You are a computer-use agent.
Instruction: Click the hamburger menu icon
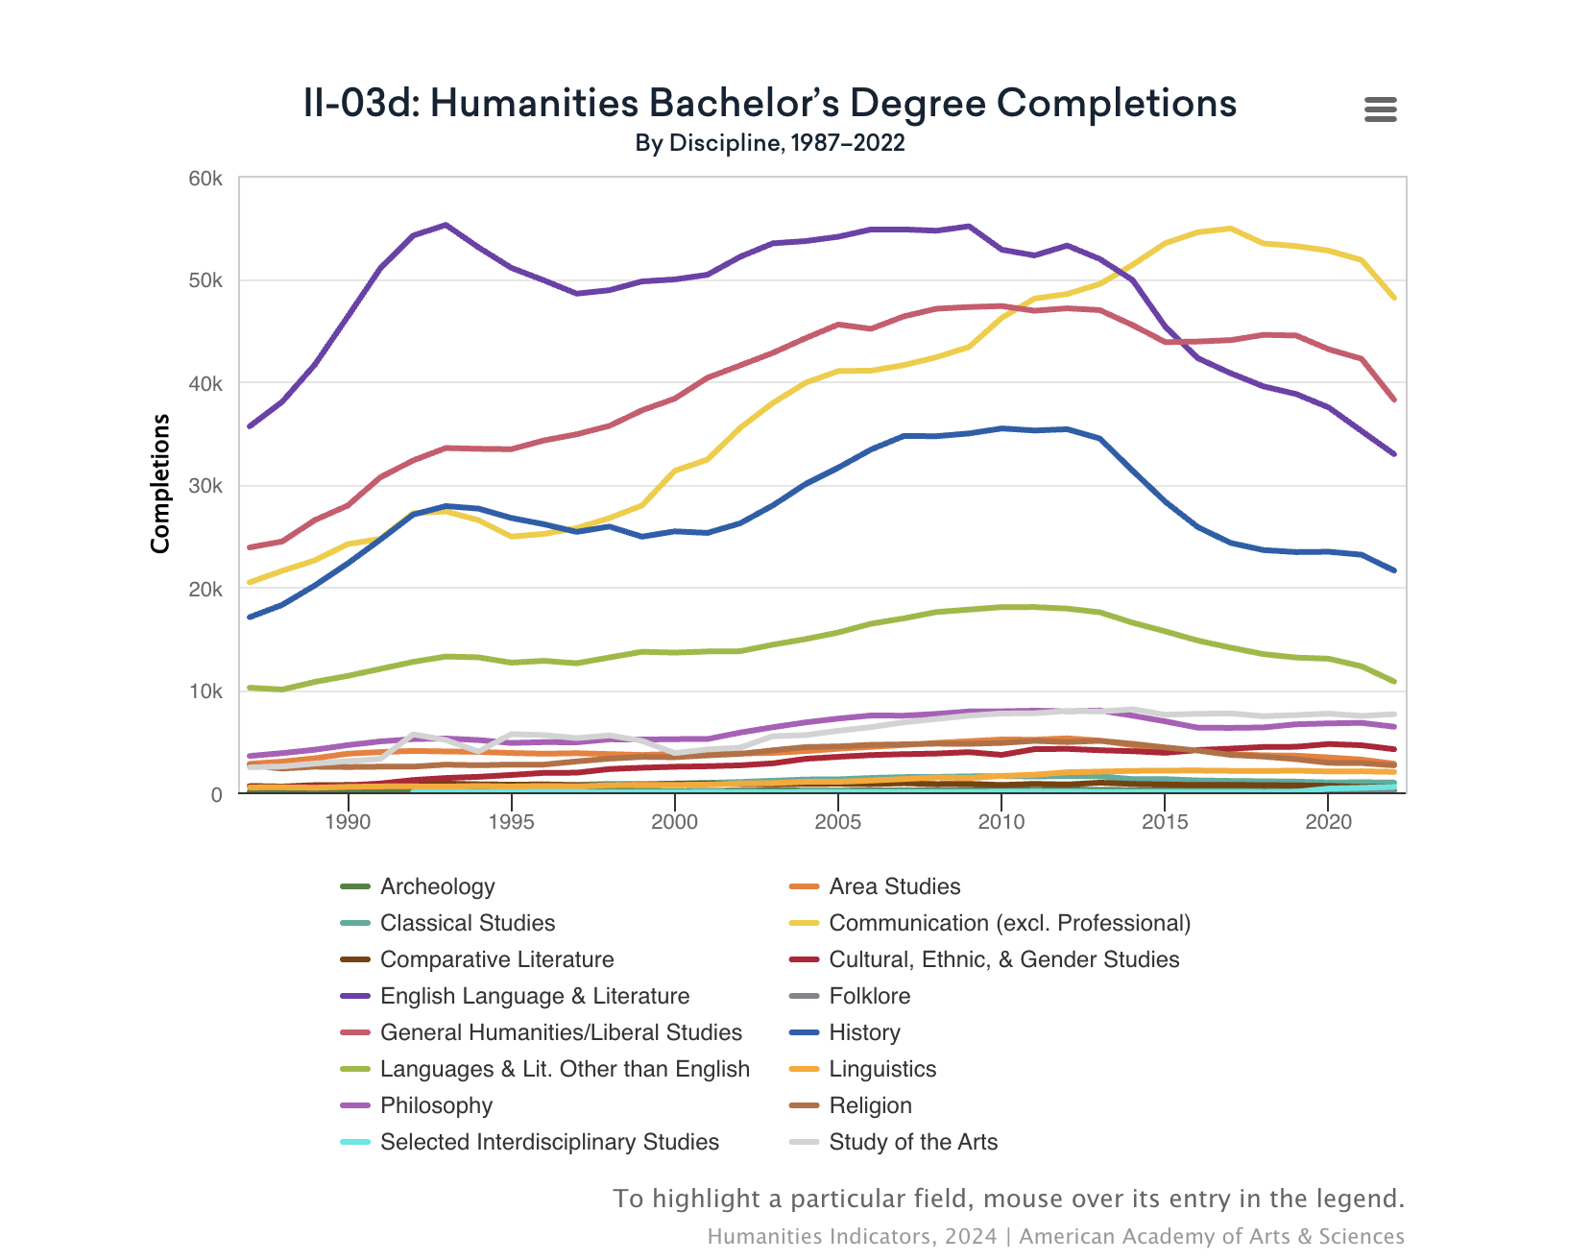pos(1380,109)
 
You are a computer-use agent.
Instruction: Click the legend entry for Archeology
pos(437,886)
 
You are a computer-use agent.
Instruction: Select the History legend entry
pos(864,1032)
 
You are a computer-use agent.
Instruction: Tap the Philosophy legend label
pos(436,1105)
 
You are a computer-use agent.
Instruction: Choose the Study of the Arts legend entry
pos(912,1142)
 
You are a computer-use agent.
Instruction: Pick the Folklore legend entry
pos(869,996)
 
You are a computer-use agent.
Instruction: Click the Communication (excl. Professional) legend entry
pos(1008,923)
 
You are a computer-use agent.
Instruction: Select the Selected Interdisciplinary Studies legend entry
pos(549,1142)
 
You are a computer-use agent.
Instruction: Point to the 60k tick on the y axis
pos(205,179)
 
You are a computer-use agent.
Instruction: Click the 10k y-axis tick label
pos(205,691)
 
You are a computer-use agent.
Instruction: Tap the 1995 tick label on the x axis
pos(511,822)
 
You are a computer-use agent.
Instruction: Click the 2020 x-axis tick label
pos(1329,822)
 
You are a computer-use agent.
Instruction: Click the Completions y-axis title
pos(160,483)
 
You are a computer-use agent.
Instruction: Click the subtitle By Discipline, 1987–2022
pos(769,143)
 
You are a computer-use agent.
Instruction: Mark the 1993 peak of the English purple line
pos(446,225)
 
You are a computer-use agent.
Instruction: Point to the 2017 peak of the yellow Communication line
pos(1230,229)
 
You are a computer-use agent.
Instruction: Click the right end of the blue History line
pos(1393,570)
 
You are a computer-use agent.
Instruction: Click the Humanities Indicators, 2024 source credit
pos(852,1236)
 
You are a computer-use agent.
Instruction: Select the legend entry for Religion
pos(870,1105)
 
